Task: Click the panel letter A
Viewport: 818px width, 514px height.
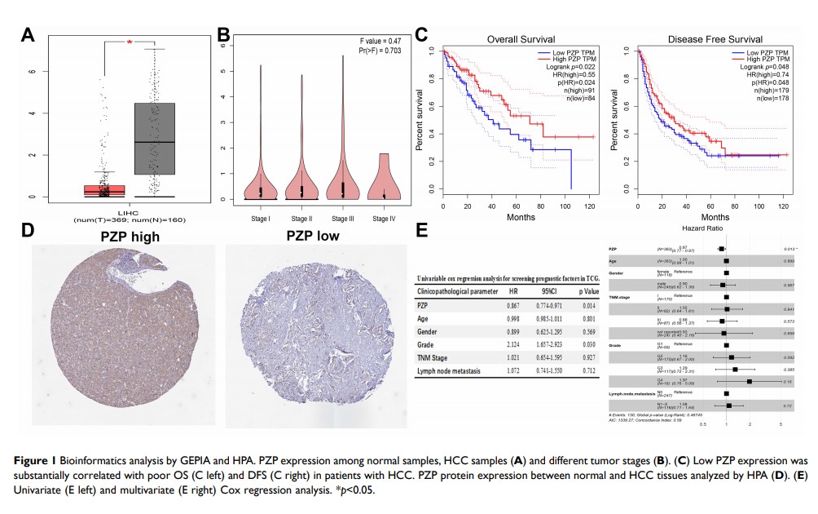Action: (29, 35)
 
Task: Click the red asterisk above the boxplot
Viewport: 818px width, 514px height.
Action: (129, 43)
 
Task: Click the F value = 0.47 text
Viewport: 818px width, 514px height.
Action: (380, 40)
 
